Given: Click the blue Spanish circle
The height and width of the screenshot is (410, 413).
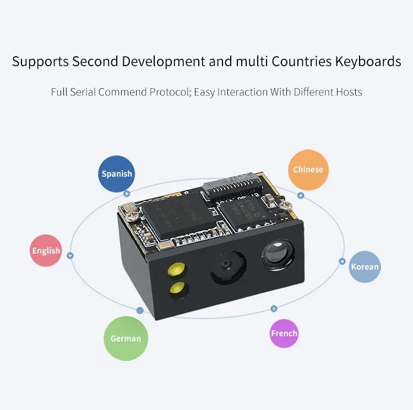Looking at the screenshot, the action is coord(116,174).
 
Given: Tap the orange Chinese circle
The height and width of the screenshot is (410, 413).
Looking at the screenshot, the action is coord(308,170).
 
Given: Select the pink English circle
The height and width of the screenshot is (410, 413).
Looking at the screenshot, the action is coord(46,251).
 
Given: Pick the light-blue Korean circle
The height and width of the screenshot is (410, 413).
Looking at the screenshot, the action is coord(365,267).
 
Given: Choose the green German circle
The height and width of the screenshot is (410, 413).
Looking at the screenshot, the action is coord(126,338).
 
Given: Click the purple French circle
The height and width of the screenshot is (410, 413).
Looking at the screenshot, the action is coord(284,333).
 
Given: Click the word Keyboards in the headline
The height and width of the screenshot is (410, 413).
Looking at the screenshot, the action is coord(368,61).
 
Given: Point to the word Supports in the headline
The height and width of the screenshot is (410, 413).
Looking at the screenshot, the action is coord(40,62).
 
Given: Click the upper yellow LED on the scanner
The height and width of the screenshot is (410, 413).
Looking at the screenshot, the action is coord(177,269).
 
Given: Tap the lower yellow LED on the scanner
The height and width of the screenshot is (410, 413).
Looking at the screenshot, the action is coord(178,288).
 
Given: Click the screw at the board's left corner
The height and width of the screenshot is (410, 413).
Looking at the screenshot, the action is coord(132,216).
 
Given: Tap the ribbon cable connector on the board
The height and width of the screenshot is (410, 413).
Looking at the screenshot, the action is coord(232,185).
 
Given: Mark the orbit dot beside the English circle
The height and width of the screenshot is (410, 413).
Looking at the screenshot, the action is coord(70,256).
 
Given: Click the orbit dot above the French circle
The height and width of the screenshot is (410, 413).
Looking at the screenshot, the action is coord(274,309).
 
